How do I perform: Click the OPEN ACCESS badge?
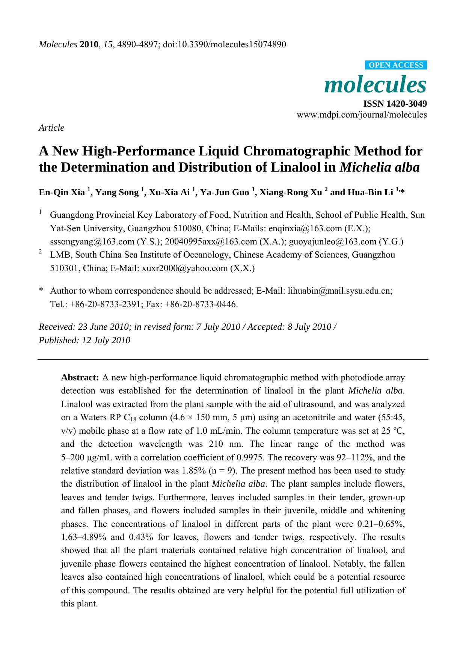396,65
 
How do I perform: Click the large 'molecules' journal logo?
375,85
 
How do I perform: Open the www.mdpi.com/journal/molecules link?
362,115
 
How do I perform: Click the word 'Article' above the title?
51,128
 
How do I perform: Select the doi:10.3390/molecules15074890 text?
225,45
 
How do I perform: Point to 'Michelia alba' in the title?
379,167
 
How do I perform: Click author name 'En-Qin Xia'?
62,193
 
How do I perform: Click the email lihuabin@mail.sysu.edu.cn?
340,291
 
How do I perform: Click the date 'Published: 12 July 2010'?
84,340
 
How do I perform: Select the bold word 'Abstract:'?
80,377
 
